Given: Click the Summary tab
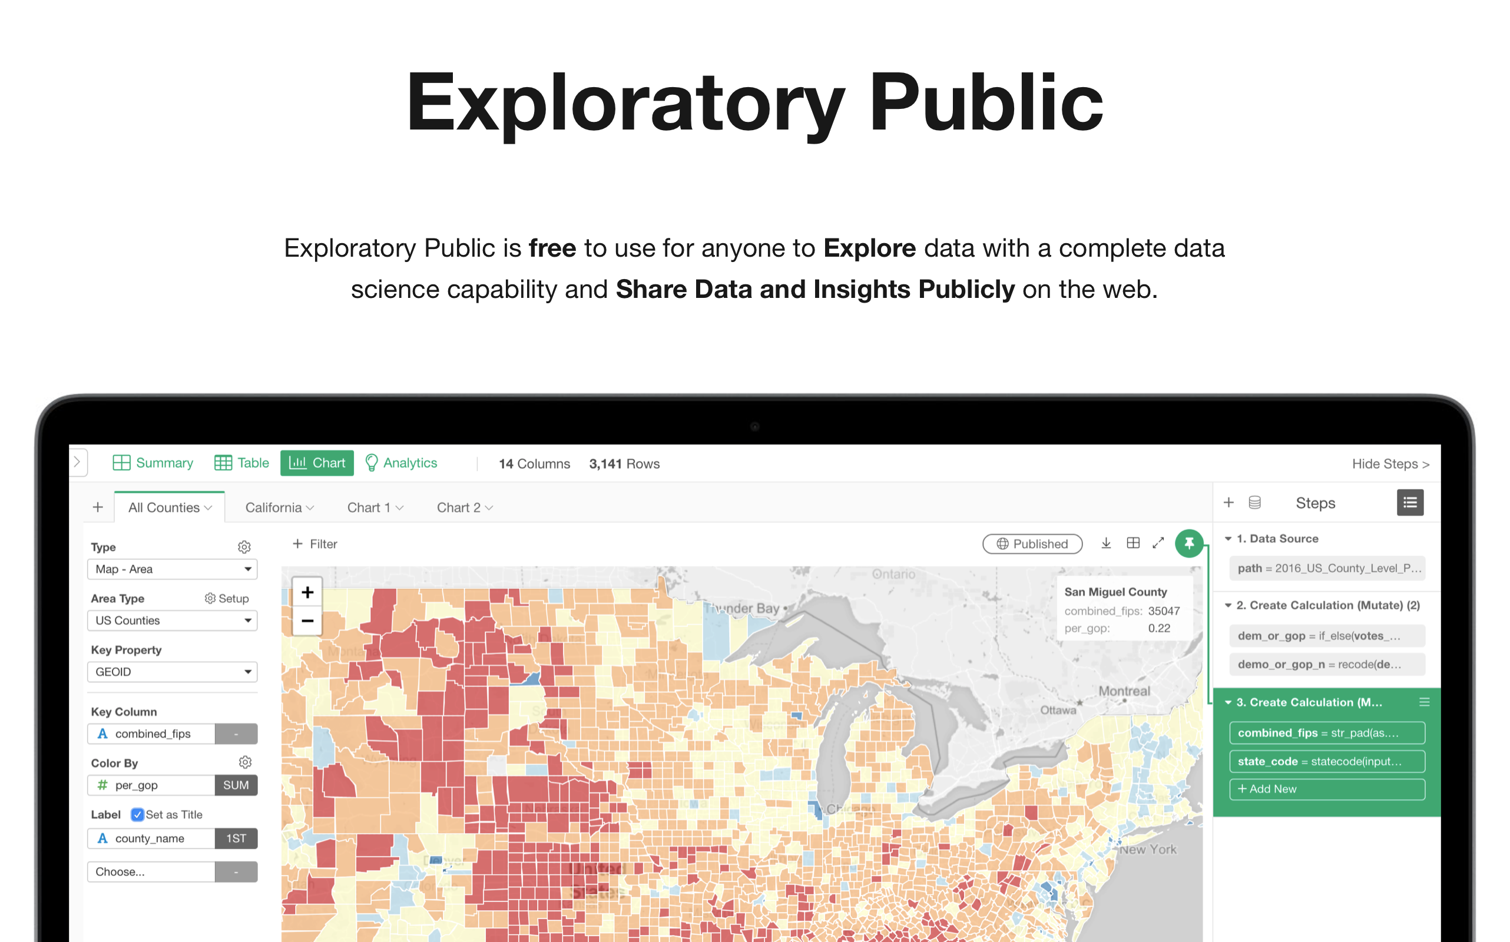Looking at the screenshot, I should (x=153, y=463).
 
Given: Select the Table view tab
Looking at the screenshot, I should (x=242, y=463).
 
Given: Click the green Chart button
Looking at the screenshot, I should (x=317, y=463).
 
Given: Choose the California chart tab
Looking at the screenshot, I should (x=279, y=508).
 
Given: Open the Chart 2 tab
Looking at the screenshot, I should (x=464, y=508).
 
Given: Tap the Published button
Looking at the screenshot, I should (x=1032, y=544).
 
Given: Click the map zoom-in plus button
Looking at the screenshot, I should (x=307, y=592).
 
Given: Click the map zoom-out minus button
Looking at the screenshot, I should (x=307, y=621).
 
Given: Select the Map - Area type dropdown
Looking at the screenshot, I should (x=173, y=569).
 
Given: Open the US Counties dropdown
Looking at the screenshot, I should (x=173, y=621).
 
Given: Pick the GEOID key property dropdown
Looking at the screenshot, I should (x=173, y=672).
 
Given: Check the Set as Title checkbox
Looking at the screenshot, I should (x=138, y=814).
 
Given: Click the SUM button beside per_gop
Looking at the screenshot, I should (x=236, y=785).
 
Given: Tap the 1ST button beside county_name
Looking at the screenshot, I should (x=236, y=838).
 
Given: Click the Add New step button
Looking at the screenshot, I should (x=1327, y=789).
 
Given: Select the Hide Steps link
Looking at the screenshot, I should (x=1390, y=463).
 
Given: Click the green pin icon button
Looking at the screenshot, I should (x=1188, y=543).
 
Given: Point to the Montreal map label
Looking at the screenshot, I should (x=1124, y=691).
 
